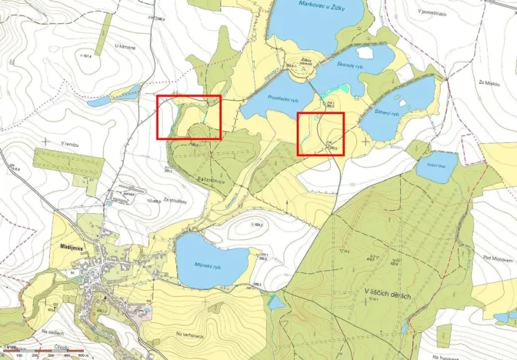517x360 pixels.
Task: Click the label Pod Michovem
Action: (x=492, y=258)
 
